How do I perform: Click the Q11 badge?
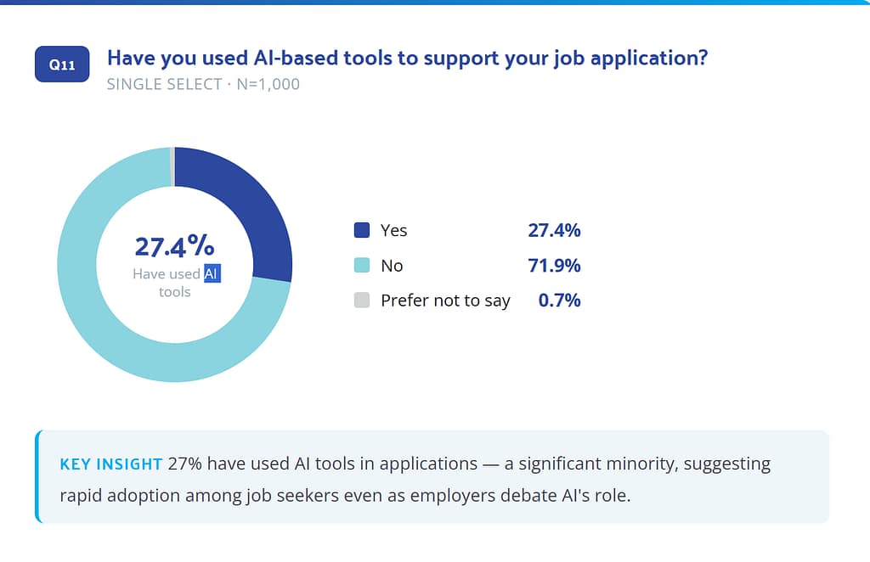[62, 65]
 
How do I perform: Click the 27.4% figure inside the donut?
[174, 246]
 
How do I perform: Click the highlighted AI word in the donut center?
[212, 274]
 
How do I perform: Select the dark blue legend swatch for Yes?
[362, 230]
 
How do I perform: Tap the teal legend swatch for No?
[362, 266]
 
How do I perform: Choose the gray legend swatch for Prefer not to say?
[362, 301]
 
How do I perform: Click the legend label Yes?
[394, 230]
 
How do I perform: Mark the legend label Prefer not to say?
[445, 301]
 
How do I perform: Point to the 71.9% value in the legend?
[554, 266]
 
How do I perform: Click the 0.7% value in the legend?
[559, 301]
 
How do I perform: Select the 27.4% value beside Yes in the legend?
[554, 230]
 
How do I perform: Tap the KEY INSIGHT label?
[110, 464]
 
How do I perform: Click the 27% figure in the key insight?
[185, 464]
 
